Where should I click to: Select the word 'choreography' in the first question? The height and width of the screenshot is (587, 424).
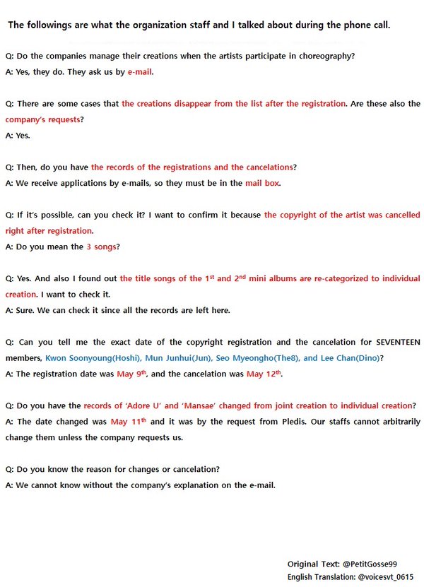329,56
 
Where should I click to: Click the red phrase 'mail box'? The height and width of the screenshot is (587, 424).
263,183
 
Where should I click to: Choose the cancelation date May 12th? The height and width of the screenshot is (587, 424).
264,374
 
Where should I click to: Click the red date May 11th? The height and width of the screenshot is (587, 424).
129,422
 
